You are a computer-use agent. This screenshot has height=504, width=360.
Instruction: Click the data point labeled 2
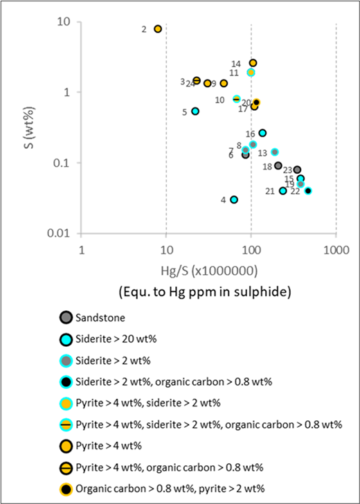[x=158, y=29]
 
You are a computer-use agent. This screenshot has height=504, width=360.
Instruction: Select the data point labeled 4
[x=234, y=199]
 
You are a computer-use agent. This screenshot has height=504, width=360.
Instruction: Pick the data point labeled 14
[x=253, y=63]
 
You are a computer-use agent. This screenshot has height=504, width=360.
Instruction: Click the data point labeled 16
[x=262, y=133]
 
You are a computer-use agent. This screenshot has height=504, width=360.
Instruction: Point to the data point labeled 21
[x=282, y=190]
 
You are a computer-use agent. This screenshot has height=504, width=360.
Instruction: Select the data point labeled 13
[x=275, y=152]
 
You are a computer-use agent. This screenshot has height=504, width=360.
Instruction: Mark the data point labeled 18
[x=278, y=165]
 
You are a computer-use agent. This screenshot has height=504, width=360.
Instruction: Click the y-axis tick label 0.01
[x=64, y=233]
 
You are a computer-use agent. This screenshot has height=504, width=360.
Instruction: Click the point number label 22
[x=295, y=191]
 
